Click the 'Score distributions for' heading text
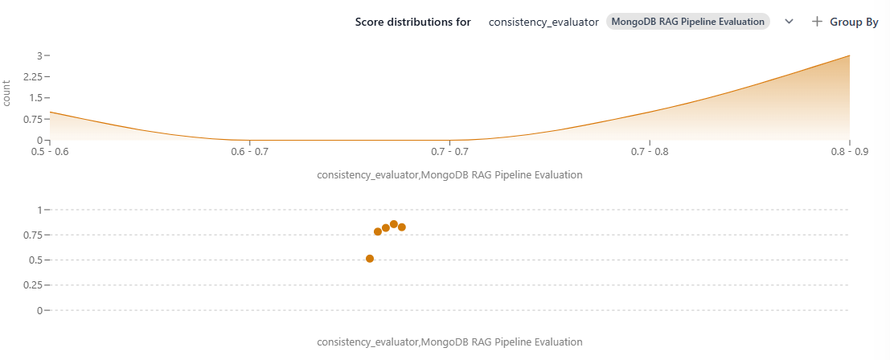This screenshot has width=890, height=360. coord(412,22)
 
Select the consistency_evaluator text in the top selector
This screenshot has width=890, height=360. coord(543,22)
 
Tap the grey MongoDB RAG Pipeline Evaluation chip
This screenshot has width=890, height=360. coord(688,22)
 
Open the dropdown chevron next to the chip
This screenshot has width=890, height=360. coord(789,22)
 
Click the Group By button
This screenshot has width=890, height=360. coord(845,22)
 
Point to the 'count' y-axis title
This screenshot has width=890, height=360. coord(6,94)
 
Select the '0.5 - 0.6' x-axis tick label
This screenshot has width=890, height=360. coord(50,152)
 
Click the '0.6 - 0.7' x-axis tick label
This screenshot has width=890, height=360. coord(250,152)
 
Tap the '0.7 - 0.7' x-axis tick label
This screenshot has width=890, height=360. coord(449,152)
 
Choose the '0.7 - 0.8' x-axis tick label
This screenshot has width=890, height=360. coord(650,152)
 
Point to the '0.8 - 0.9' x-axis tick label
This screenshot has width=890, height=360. coord(849,152)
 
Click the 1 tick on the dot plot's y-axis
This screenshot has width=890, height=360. coord(39,210)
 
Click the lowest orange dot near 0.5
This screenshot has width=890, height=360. coord(370,259)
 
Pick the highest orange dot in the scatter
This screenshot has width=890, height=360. coord(393,224)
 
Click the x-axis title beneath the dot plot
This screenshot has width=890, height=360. coord(449,342)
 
